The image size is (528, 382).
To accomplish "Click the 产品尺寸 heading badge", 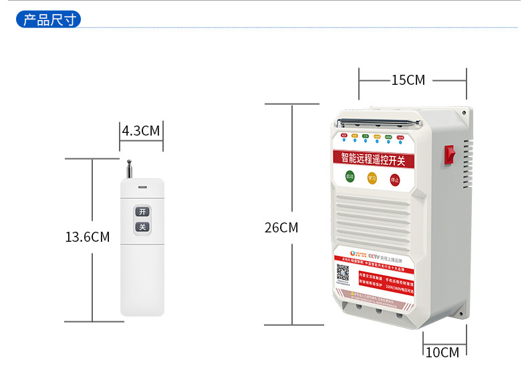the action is click(48, 19).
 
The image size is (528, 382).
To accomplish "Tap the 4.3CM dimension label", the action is click(141, 130).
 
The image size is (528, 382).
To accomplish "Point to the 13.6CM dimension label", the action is click(87, 236).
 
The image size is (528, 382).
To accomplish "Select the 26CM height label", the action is click(281, 227).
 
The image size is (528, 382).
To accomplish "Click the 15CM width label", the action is click(408, 80).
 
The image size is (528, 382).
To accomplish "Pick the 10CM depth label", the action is click(442, 352).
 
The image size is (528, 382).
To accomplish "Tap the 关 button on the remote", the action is click(142, 227).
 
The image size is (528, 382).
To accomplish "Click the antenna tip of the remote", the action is click(130, 162).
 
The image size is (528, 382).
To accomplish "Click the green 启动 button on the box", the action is click(350, 177).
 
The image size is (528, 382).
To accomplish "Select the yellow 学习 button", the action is click(372, 178).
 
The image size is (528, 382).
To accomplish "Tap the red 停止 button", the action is click(394, 180).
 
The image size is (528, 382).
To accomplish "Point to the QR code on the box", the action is click(343, 272).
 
